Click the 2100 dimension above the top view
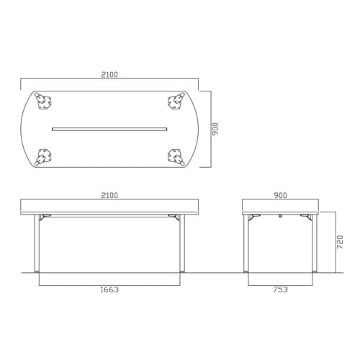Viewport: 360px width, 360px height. click(x=109, y=75)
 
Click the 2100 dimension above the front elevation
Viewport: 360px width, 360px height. click(x=109, y=195)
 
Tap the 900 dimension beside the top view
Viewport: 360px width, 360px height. click(x=215, y=129)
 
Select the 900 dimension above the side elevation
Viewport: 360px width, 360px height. click(x=280, y=195)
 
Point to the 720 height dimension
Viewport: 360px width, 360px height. click(x=340, y=242)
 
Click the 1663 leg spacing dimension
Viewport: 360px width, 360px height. click(x=109, y=289)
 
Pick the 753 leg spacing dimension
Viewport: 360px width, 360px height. click(x=280, y=289)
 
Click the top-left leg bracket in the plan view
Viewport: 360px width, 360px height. click(x=43, y=102)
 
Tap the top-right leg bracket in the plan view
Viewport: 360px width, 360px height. click(x=176, y=102)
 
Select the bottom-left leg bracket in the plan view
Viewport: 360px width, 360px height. click(x=43, y=157)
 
